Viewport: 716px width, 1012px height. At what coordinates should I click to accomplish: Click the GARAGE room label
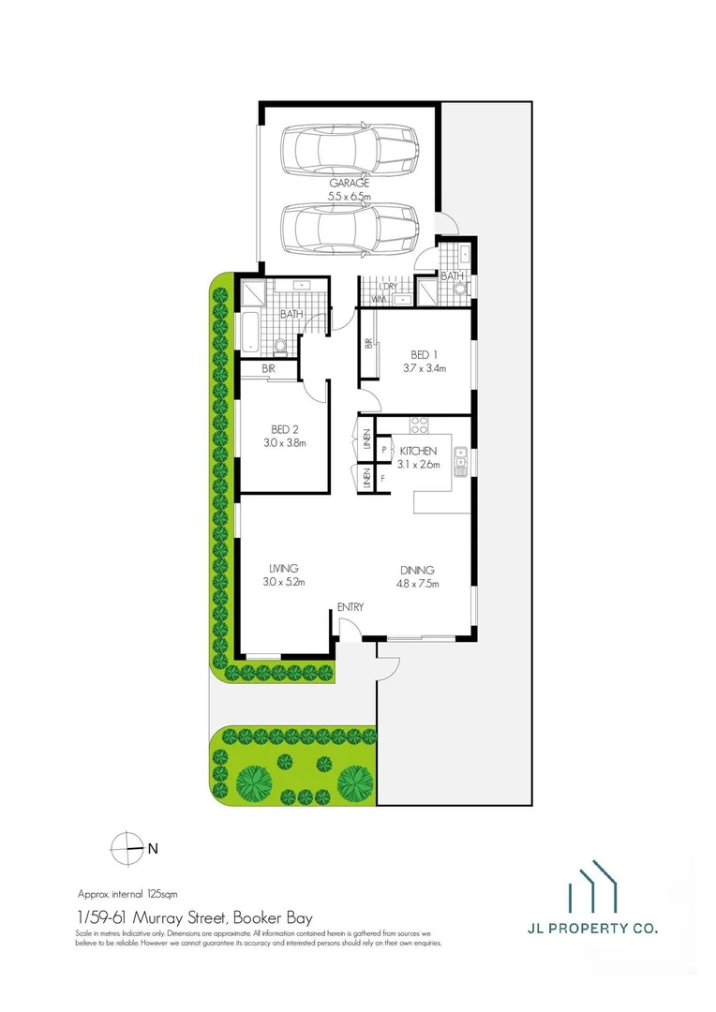pos(350,184)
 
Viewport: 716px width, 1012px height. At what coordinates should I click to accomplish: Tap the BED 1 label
pos(424,354)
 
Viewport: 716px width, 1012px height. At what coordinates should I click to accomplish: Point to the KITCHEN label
pos(417,451)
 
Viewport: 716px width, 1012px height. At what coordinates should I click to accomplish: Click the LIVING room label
pos(283,568)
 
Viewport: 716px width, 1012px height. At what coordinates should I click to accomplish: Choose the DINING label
pos(417,570)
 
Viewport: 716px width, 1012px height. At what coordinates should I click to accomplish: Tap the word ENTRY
pos(350,608)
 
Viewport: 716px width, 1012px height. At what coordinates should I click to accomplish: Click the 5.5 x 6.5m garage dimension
pos(350,196)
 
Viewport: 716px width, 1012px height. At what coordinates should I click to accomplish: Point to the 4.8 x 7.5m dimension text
pos(418,583)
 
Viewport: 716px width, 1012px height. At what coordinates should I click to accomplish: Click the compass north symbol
pos(125,848)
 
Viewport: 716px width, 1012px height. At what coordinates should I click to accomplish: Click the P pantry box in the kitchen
pos(384,451)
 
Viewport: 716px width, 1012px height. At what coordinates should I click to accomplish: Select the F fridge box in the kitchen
pos(384,479)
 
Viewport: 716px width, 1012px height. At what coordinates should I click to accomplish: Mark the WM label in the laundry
pos(379,299)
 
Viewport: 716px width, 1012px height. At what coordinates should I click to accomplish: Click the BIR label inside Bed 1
pos(368,344)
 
